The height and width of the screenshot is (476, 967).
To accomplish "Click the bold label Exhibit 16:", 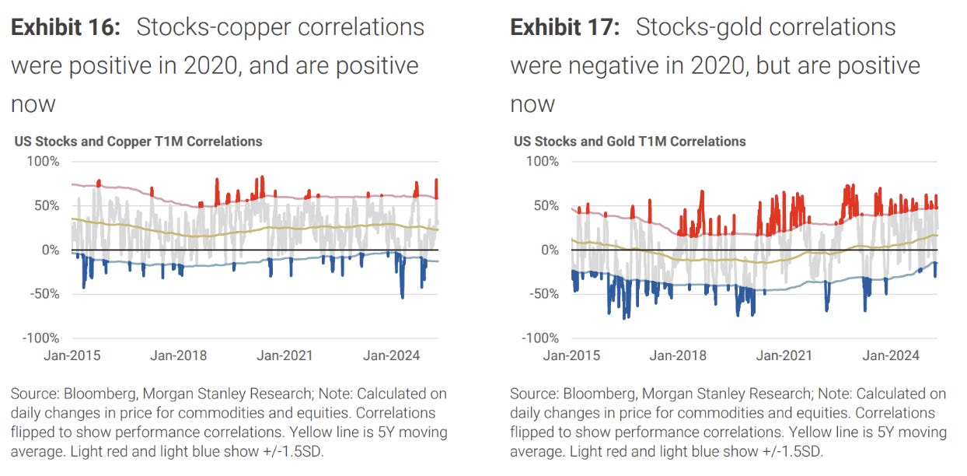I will [65, 27].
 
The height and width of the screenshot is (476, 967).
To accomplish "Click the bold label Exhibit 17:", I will [564, 27].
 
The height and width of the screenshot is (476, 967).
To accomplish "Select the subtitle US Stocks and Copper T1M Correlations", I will [138, 142].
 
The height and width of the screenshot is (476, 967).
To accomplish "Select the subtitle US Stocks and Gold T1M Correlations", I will [630, 142].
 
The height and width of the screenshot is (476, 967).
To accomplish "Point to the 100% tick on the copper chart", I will [44, 162].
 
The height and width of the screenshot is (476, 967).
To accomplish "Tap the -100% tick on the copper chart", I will [41, 338].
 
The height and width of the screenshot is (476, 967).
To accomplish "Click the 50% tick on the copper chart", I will [47, 206].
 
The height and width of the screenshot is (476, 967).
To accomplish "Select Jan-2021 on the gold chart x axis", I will [784, 355].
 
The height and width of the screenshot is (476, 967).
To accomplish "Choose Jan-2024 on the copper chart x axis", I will [392, 355].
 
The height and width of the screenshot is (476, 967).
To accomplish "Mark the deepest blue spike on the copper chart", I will [402, 296].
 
